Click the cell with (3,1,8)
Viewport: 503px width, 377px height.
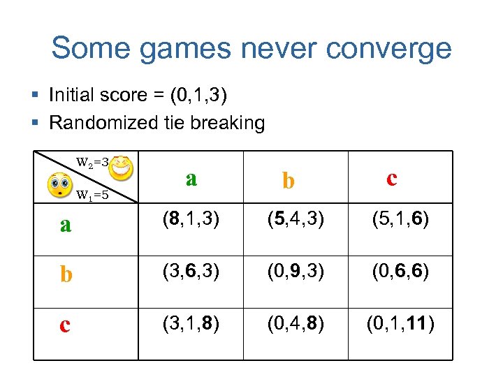191,325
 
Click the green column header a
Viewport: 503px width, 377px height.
191,179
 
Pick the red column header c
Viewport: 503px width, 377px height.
391,179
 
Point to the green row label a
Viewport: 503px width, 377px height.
66,225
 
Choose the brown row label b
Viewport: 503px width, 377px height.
66,274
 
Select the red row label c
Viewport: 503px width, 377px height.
65,325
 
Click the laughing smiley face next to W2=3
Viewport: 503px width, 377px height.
122,166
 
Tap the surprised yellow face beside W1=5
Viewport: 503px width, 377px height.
59,186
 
